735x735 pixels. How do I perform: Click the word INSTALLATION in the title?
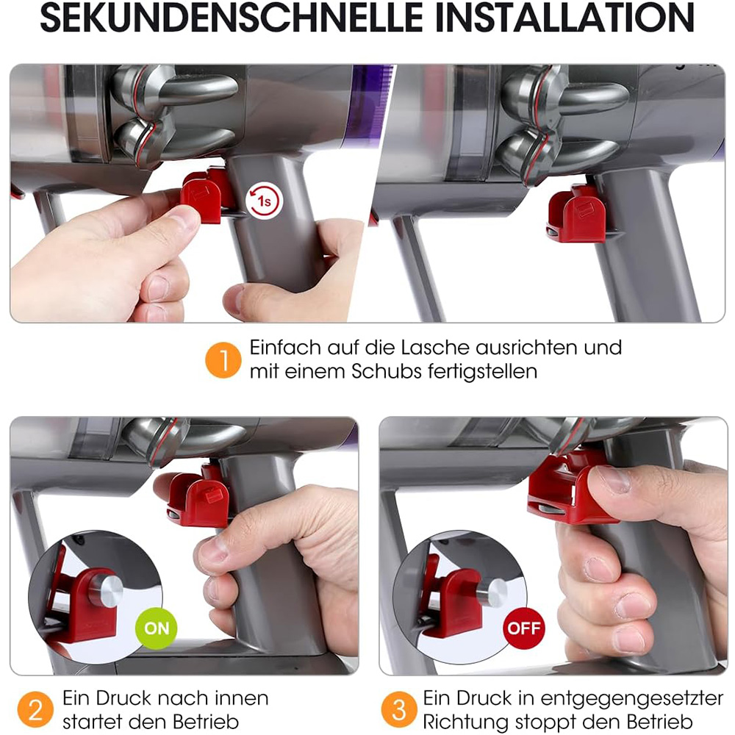tap(564, 18)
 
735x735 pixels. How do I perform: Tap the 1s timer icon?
tap(264, 201)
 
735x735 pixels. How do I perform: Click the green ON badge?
tap(156, 628)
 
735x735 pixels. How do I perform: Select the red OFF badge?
tap(523, 628)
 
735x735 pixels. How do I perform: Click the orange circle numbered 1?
tap(223, 360)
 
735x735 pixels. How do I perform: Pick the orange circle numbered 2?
tap(35, 710)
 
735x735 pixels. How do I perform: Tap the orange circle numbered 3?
tap(399, 710)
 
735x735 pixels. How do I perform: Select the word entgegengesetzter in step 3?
tap(631, 699)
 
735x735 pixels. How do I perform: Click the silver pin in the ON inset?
tap(106, 589)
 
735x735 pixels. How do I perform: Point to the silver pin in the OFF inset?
tap(494, 592)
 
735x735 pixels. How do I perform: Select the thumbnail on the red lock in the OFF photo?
tap(612, 480)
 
